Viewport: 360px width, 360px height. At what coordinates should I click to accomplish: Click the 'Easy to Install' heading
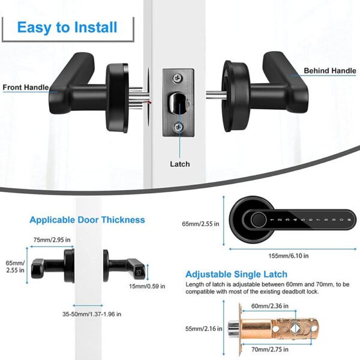click(67, 27)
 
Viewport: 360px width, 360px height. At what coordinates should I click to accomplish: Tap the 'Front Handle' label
click(26, 87)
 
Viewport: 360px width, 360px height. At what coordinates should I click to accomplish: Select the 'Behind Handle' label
click(329, 71)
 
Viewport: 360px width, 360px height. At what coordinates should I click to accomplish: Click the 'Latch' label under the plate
click(179, 164)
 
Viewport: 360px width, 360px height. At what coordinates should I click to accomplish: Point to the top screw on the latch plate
click(179, 77)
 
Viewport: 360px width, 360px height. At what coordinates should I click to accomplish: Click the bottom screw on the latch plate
click(179, 127)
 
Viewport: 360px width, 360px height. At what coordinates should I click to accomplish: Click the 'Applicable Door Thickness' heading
click(87, 220)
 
